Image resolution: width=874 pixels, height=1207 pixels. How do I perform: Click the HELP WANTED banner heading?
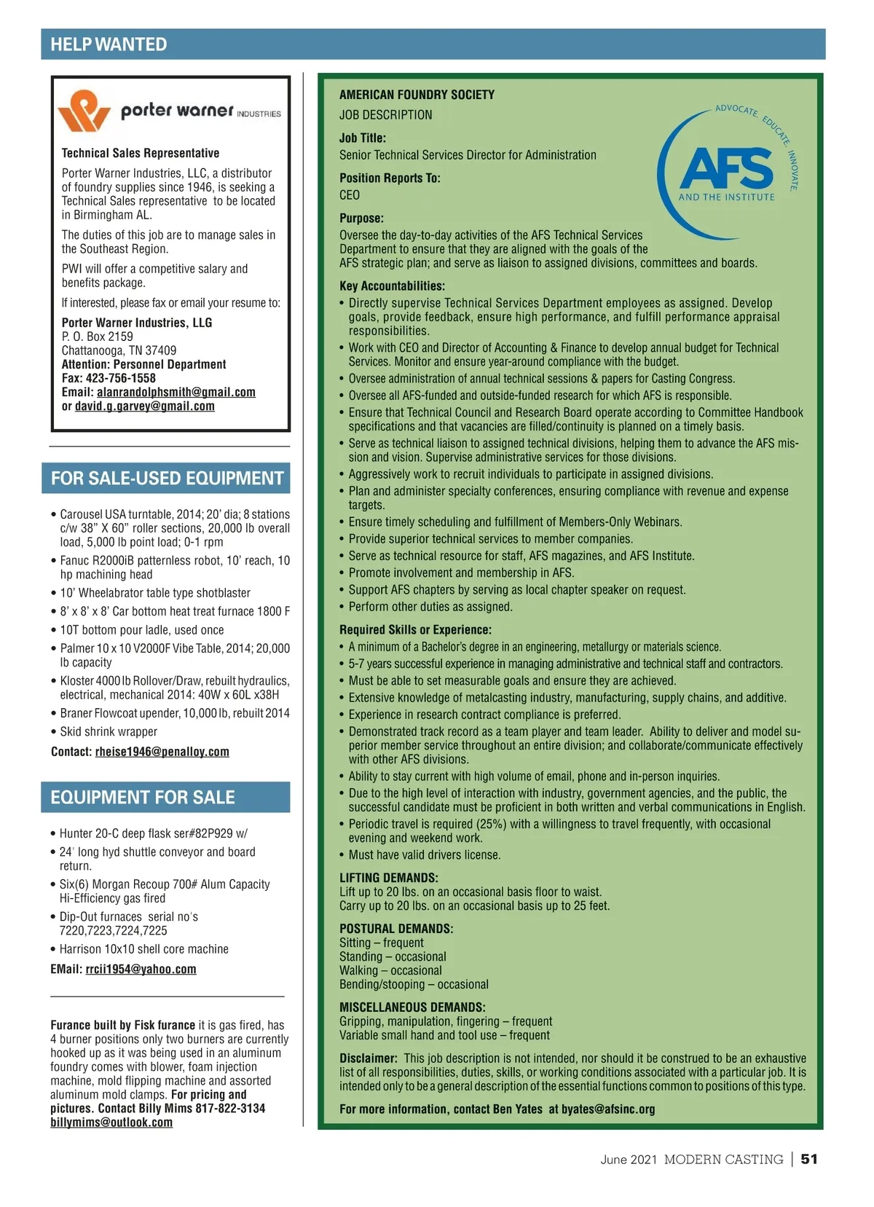[109, 44]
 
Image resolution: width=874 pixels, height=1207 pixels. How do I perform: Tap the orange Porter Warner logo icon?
[83, 111]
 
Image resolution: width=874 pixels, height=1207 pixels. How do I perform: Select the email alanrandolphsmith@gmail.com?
[176, 392]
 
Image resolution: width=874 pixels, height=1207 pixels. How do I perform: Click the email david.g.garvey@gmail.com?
[144, 406]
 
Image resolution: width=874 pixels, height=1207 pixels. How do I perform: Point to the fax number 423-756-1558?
[121, 378]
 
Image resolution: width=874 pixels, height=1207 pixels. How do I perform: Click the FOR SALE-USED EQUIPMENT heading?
[167, 479]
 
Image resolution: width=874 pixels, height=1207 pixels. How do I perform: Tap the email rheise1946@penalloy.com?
[162, 751]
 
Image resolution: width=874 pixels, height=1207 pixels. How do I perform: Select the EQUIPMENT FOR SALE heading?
[143, 797]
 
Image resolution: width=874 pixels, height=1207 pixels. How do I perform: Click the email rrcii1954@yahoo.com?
[141, 969]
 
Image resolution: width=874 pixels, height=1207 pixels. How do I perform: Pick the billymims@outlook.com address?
[111, 1122]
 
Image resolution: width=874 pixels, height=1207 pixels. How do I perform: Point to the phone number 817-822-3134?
[230, 1108]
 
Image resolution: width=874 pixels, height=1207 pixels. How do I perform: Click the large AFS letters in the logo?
[726, 168]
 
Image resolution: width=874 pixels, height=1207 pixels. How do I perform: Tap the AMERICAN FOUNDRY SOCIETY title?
[417, 95]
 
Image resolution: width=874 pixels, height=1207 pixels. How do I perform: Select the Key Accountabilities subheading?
[392, 286]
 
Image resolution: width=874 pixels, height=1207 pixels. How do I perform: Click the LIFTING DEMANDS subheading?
[388, 878]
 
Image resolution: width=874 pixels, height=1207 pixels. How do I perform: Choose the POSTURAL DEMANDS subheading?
[396, 929]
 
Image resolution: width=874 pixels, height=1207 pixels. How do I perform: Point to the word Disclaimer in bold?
[368, 1058]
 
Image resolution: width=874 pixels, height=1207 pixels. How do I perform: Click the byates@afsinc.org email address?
[608, 1109]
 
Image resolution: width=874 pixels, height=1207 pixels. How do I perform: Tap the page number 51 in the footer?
[809, 1159]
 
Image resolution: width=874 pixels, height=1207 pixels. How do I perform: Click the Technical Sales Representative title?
[141, 153]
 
